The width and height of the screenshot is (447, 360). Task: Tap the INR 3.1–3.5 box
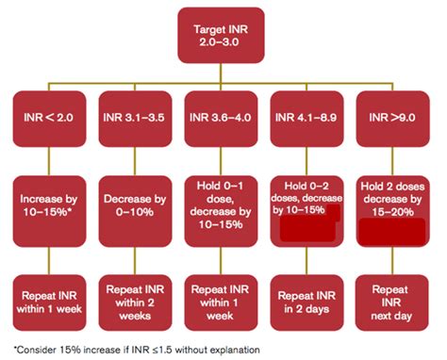point(132,119)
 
